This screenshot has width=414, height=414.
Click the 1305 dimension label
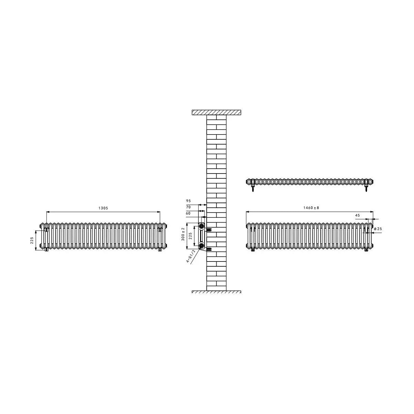pyautogui.click(x=103, y=208)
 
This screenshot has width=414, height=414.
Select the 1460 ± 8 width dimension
pyautogui.click(x=311, y=208)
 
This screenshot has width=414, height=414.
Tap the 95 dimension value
pyautogui.click(x=188, y=201)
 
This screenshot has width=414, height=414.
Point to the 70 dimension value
pyautogui.click(x=188, y=207)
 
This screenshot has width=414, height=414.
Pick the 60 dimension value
pyautogui.click(x=188, y=213)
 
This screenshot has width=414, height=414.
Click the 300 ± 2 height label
pyautogui.click(x=183, y=234)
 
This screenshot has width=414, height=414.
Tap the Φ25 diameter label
pyautogui.click(x=378, y=229)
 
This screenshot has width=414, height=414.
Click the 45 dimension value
pyautogui.click(x=357, y=215)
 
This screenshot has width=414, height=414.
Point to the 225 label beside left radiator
pyautogui.click(x=32, y=240)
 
